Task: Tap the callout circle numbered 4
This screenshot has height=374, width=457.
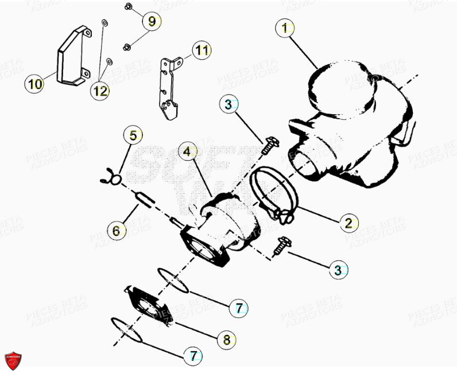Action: (187, 152)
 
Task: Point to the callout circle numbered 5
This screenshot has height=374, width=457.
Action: (133, 136)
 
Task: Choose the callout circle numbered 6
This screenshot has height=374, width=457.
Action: (116, 231)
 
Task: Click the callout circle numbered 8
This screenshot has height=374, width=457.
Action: (226, 340)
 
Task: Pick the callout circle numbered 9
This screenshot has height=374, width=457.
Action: (152, 22)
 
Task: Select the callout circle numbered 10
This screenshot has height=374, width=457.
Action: (35, 84)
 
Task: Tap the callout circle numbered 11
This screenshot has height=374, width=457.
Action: (200, 50)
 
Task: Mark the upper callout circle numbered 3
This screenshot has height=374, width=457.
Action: (228, 104)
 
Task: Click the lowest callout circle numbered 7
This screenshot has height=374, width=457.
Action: (193, 356)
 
